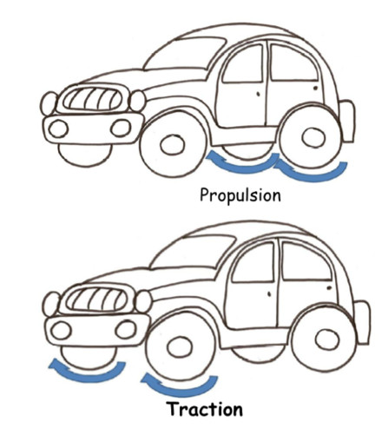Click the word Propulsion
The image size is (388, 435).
240,195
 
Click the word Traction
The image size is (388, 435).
205,409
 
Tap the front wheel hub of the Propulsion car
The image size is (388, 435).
173,144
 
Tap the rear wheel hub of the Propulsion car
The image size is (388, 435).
313,136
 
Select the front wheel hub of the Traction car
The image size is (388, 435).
180,346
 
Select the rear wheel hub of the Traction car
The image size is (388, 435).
327,339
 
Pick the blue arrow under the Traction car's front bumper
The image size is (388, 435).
87,376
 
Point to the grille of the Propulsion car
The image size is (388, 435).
92,99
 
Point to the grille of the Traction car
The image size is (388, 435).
96,299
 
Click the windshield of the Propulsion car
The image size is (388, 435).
185,54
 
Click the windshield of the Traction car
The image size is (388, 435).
194,251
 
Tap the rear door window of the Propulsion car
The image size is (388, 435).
293,63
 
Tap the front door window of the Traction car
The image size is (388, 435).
253,262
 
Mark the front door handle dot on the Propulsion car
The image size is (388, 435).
259,94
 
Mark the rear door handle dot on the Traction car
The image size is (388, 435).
329,287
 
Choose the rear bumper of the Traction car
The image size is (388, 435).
362,322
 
